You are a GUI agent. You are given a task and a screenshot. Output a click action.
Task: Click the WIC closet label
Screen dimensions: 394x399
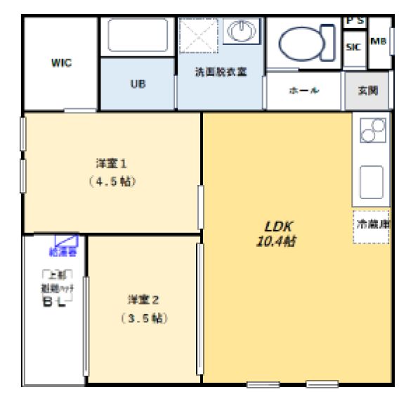62,62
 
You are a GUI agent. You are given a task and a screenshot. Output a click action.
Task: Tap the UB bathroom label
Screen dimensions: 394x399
138,84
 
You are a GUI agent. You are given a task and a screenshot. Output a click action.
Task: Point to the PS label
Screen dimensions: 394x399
354,21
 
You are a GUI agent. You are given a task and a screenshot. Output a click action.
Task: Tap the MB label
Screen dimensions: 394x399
379,41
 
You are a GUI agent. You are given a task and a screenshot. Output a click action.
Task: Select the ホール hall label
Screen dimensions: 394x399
304,91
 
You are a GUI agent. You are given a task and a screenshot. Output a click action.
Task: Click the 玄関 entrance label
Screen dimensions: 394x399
367,91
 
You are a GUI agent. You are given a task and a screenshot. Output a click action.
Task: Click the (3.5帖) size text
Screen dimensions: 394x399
143,318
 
